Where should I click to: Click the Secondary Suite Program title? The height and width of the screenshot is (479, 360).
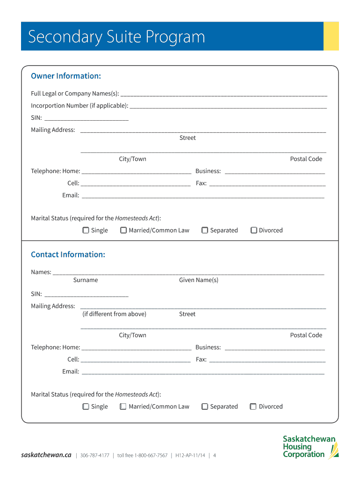coord(116,36)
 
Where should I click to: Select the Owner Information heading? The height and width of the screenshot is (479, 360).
coord(66,76)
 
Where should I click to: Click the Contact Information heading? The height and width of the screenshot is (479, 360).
coord(68,254)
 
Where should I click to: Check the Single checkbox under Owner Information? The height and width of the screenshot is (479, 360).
coord(86,230)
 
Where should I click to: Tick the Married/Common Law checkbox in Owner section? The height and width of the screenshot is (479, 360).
coord(123,230)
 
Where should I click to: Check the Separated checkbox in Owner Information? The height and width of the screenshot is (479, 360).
coord(205,230)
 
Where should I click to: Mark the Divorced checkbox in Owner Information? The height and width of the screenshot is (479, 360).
coord(254,230)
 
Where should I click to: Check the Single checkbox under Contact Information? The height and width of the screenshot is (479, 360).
coord(86,406)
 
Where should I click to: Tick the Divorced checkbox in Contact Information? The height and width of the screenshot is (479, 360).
coord(253,406)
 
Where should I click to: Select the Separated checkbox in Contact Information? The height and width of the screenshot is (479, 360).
coord(205,406)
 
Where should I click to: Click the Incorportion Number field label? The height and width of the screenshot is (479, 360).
coord(79,106)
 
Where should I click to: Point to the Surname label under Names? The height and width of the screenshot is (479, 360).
coord(86,280)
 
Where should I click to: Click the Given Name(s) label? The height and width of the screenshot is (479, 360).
coord(199,280)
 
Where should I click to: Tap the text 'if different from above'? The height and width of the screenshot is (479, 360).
coord(114,314)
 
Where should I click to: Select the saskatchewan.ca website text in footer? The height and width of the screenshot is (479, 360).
coord(46,455)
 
